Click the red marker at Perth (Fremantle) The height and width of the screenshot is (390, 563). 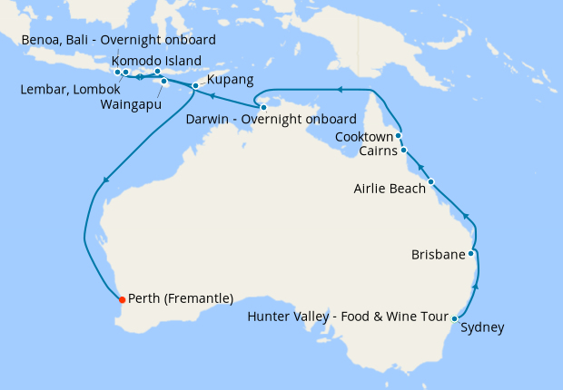[122, 298]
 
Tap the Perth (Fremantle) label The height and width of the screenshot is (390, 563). [182, 298]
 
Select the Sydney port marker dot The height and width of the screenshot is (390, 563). [455, 318]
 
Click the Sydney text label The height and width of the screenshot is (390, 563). [482, 328]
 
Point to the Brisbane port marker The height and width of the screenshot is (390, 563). [470, 254]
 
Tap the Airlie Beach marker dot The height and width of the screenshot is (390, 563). [431, 181]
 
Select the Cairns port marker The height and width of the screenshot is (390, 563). [404, 151]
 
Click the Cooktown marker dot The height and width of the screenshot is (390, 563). [399, 136]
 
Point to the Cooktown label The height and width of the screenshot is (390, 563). [364, 137]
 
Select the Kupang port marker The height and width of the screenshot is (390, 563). [195, 85]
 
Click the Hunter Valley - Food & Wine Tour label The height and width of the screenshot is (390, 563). [349, 317]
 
